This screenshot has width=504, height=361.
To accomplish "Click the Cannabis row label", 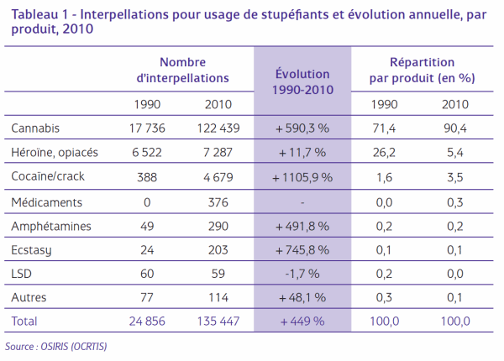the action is coord(35,128).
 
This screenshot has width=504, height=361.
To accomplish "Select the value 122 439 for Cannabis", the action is coord(218,128).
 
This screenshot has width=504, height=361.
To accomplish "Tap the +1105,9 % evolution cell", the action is coord(302,177).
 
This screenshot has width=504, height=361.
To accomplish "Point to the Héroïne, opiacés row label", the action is coord(55,152).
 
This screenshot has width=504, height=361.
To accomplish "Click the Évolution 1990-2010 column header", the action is coord(302,82).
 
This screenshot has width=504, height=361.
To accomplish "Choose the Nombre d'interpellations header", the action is coord(182,70).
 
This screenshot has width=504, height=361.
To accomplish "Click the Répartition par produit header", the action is coord(422,70).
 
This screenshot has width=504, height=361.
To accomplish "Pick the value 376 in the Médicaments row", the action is coord(218,202).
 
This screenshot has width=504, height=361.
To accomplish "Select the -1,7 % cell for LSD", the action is coord(302,274).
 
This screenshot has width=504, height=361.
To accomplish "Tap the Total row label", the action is coord(24,322).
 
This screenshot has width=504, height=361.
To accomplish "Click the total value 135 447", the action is coord(218,322).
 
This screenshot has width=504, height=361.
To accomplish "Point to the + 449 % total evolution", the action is coord(302,322).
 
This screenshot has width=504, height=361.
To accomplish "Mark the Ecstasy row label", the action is coord(31,250).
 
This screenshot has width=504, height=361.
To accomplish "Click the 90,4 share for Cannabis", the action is coord(455,128).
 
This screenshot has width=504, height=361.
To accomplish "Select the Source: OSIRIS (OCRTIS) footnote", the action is coord(56,346).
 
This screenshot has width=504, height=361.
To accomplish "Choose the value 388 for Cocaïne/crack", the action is coord(147,177).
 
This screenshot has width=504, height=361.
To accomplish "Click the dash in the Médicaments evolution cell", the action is coord(302,203).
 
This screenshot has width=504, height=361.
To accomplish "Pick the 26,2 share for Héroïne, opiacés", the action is coord(384,152).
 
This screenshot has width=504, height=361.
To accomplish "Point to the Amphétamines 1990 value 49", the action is coord(147,226).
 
